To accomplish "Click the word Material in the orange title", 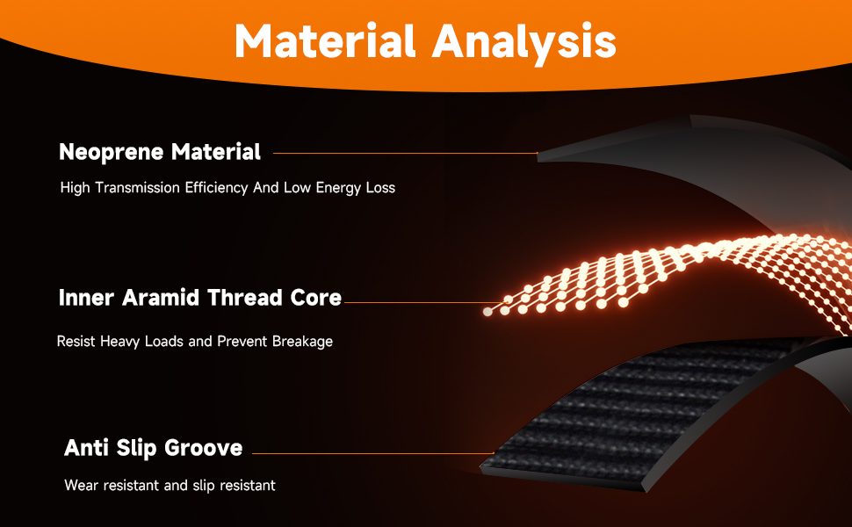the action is (x=325, y=40).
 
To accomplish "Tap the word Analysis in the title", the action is (x=523, y=43).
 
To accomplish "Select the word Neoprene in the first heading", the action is (x=111, y=153).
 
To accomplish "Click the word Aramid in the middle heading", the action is (x=160, y=298).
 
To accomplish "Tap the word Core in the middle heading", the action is (x=315, y=298).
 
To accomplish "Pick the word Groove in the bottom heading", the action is (x=203, y=448).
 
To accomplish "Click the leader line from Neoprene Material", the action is (x=405, y=153).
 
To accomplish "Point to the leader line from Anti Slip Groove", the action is (x=373, y=453).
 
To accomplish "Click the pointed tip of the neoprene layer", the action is (x=538, y=154).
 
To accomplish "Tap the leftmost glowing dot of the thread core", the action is (x=488, y=312).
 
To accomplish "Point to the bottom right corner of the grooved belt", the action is (x=646, y=492).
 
